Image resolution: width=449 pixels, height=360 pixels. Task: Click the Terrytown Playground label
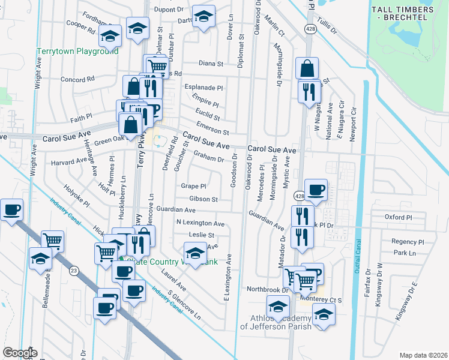pos(76,52)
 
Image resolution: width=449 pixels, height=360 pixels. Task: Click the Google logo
pos(20,352)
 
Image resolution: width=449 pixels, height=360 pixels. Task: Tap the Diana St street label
pos(211,63)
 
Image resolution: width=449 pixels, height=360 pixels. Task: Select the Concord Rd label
pos(77,79)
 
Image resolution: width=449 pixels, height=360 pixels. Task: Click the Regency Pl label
pos(408,242)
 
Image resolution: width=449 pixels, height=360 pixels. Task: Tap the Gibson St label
pos(203,199)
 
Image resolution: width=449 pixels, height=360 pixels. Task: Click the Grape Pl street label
pos(193,186)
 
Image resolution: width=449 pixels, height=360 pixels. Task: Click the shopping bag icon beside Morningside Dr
pos(307,69)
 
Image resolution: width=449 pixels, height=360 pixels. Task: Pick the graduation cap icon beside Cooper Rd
pos(110,38)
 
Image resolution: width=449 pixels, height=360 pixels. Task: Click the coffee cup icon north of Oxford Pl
pos(316,191)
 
